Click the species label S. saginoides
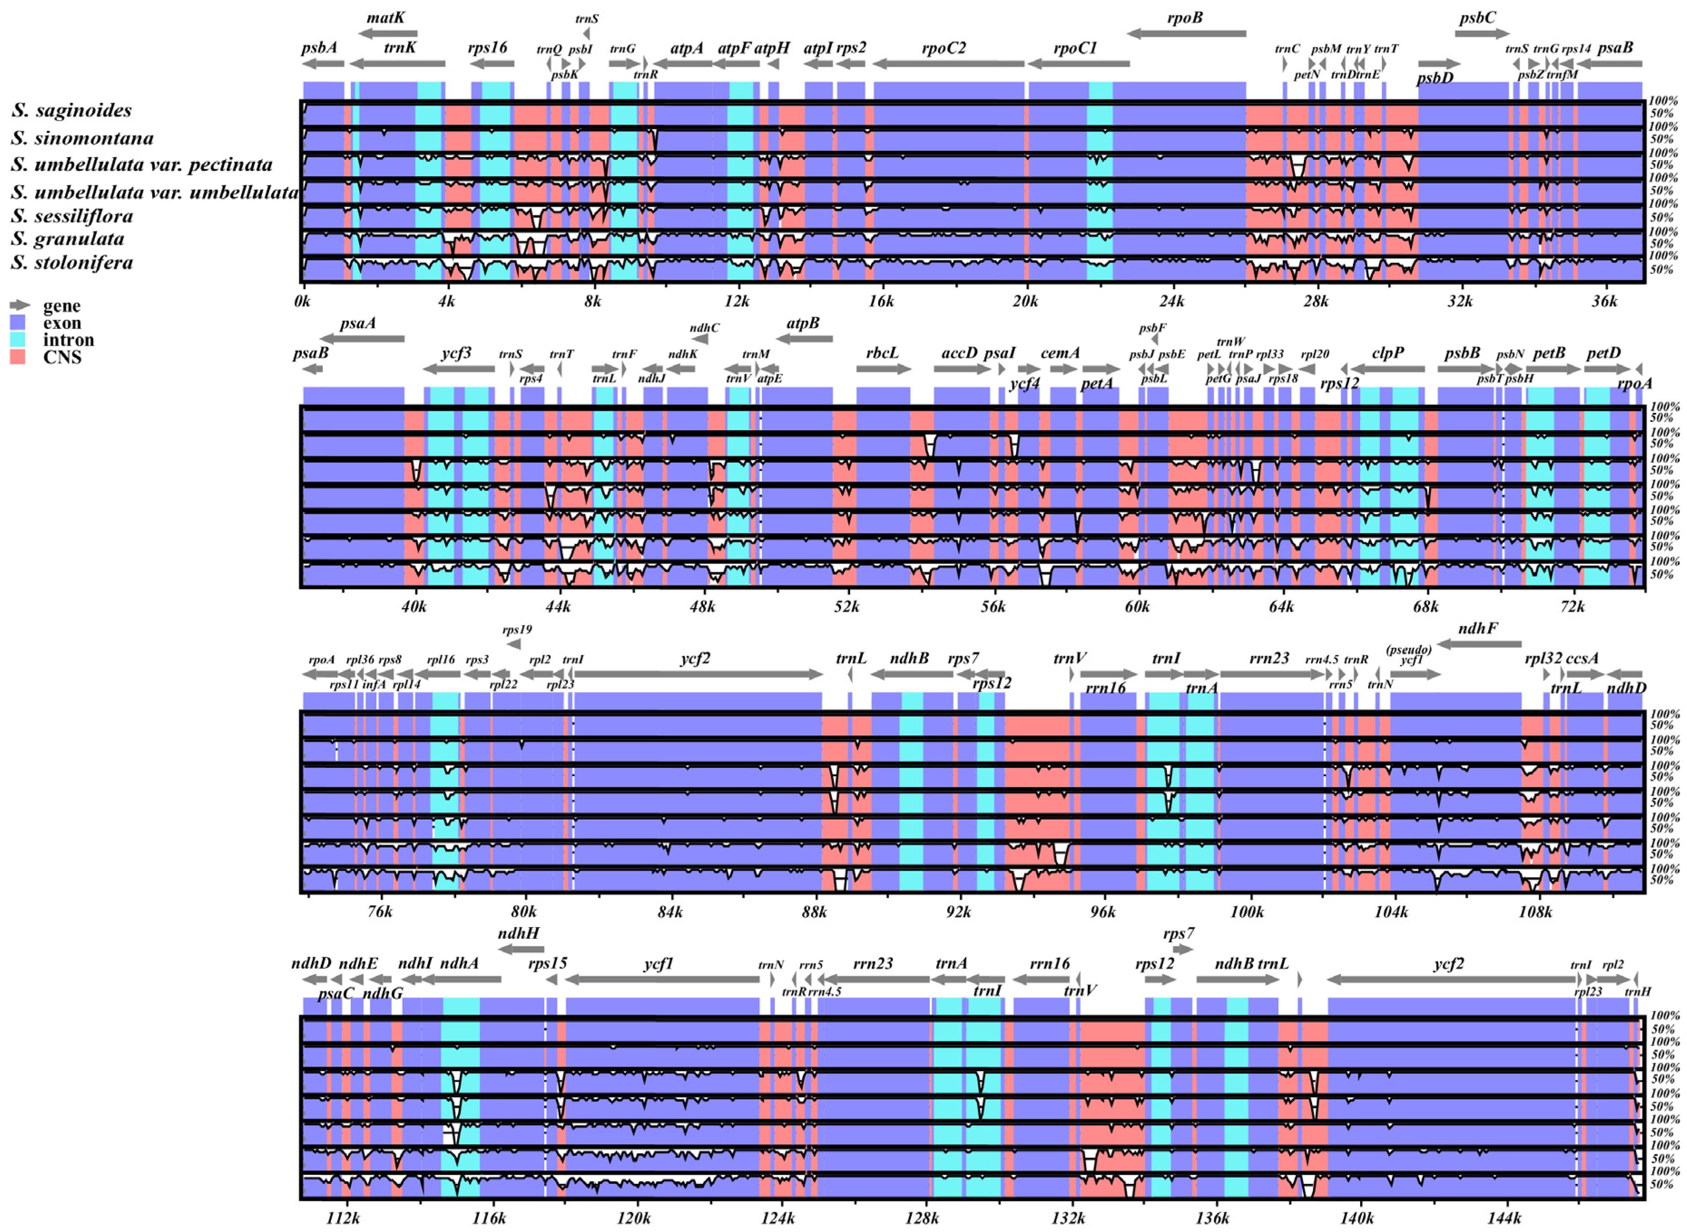pos(72,111)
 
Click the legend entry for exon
pos(62,323)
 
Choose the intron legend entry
pos(68,340)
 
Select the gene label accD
pos(959,353)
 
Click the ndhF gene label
pos(1478,628)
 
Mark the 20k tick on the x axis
pos(1025,301)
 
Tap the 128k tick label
pos(922,1218)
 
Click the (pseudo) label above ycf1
pos(1409,650)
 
